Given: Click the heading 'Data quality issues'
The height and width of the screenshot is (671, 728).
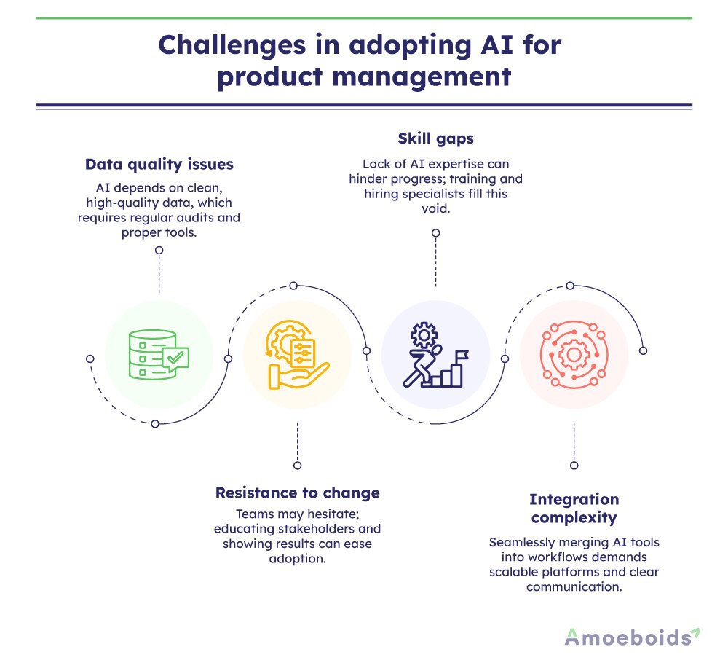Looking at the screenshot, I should click(x=159, y=164).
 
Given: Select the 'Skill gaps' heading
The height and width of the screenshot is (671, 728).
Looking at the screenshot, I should click(x=435, y=138).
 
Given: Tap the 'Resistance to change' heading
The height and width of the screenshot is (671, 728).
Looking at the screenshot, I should click(x=297, y=493).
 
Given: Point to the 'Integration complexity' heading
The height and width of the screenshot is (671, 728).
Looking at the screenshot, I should click(x=574, y=509).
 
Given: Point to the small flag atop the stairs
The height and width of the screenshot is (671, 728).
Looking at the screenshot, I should click(x=462, y=355).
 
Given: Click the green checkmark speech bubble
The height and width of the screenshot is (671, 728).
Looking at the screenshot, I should click(x=175, y=358).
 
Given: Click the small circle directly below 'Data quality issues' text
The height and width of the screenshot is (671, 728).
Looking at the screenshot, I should click(x=159, y=250).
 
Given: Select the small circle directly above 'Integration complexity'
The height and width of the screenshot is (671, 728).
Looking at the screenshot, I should click(x=574, y=465).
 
